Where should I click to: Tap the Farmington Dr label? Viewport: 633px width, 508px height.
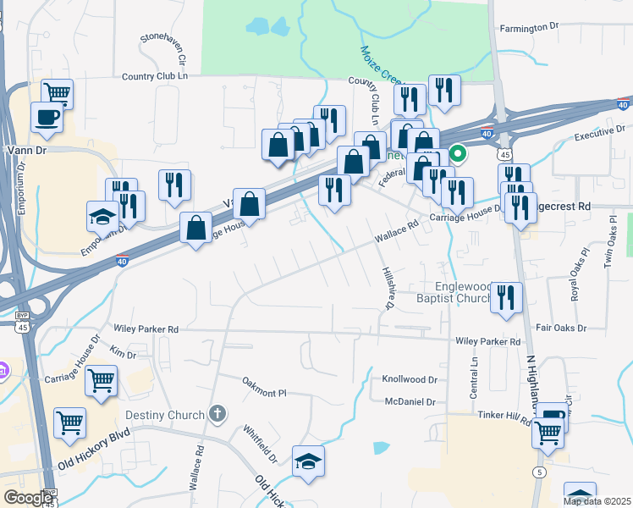(x=530, y=28)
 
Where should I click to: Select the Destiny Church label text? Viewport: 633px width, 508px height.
(x=165, y=415)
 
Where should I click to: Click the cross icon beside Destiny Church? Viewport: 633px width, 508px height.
(x=217, y=414)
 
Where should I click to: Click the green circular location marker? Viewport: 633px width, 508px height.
(x=458, y=154)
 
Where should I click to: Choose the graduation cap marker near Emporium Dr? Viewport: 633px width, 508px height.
(x=103, y=217)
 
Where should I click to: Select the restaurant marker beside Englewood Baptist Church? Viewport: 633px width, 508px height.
(x=506, y=298)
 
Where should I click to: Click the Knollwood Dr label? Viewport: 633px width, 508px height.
(x=410, y=380)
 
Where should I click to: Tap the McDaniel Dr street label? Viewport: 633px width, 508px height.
(x=410, y=402)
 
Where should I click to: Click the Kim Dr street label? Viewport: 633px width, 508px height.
(x=124, y=355)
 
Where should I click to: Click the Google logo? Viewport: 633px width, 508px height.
(x=28, y=498)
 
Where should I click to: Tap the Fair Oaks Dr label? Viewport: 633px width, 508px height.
(x=561, y=328)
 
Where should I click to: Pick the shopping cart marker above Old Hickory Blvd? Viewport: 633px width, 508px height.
(x=69, y=422)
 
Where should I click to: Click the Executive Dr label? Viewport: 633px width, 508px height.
(x=593, y=135)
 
